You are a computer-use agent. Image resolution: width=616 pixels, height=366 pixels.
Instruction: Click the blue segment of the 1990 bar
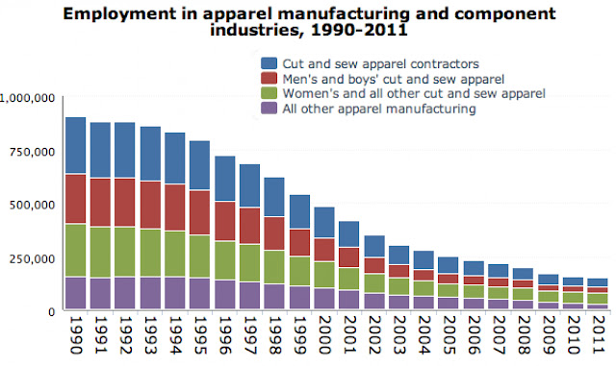[75, 145]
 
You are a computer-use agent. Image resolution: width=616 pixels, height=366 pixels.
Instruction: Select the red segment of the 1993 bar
[150, 205]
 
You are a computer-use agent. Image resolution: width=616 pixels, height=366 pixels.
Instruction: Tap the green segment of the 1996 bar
[225, 260]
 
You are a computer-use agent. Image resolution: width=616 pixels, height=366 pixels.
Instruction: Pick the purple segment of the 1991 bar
[100, 293]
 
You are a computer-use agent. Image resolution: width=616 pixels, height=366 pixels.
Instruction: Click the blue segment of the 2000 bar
[324, 223]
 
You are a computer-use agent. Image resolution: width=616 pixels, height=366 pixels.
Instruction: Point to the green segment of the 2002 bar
[374, 283]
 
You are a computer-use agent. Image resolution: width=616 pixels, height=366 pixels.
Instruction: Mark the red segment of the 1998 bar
[274, 233]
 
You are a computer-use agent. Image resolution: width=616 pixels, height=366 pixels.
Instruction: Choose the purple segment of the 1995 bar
[199, 293]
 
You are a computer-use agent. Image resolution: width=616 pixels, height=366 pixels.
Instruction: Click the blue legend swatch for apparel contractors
[269, 63]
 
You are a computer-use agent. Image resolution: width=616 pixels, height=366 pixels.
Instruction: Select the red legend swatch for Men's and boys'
[269, 79]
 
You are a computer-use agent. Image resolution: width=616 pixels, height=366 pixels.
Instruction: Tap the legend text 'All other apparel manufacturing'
[379, 109]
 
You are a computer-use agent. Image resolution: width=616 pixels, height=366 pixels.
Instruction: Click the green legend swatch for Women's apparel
[269, 93]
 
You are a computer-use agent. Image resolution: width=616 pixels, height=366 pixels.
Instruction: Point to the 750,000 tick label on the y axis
[32, 152]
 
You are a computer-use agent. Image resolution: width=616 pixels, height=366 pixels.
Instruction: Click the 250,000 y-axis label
[32, 259]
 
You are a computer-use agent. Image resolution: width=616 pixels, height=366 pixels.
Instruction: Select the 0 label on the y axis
[51, 312]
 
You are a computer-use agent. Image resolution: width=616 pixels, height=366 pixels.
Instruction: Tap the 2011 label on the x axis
[598, 334]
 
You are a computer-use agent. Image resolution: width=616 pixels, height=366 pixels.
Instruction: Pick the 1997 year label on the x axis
[250, 334]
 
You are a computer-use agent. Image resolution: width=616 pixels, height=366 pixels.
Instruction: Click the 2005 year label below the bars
[449, 334]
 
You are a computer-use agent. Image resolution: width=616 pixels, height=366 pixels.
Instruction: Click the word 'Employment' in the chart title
[119, 14]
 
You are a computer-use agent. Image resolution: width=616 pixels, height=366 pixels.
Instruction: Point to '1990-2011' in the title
[359, 30]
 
